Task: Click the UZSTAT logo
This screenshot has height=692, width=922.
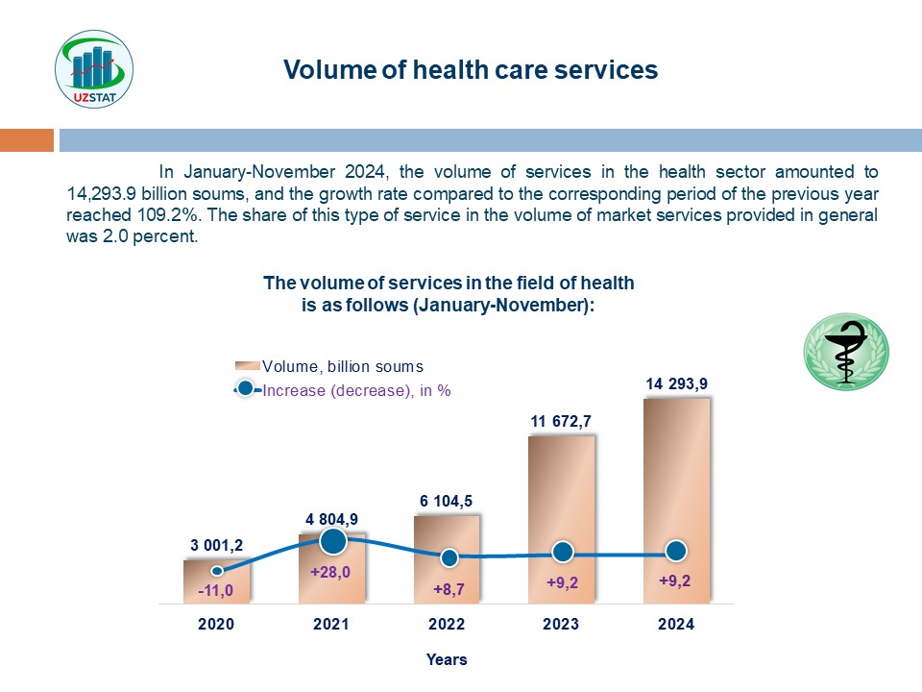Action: [94, 69]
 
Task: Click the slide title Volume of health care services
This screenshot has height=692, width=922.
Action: [471, 70]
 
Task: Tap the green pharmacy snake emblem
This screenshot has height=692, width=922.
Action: [846, 352]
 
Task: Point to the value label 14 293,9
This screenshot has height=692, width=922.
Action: [677, 384]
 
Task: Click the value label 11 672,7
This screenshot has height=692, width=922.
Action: [562, 421]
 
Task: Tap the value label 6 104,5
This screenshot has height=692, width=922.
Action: [446, 501]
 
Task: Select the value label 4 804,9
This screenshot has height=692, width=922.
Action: [332, 519]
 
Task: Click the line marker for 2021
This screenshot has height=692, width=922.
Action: [332, 541]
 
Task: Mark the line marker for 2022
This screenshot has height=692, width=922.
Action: [448, 557]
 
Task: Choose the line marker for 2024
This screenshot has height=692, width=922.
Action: [676, 551]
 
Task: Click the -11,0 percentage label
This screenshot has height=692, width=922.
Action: [217, 590]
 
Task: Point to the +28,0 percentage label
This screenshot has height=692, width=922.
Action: [331, 571]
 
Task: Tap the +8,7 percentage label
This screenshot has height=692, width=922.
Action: [449, 587]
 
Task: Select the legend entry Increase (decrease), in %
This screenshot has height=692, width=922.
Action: [355, 390]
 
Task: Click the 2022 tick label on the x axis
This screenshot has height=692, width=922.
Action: [447, 624]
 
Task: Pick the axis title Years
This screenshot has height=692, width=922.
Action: [447, 659]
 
